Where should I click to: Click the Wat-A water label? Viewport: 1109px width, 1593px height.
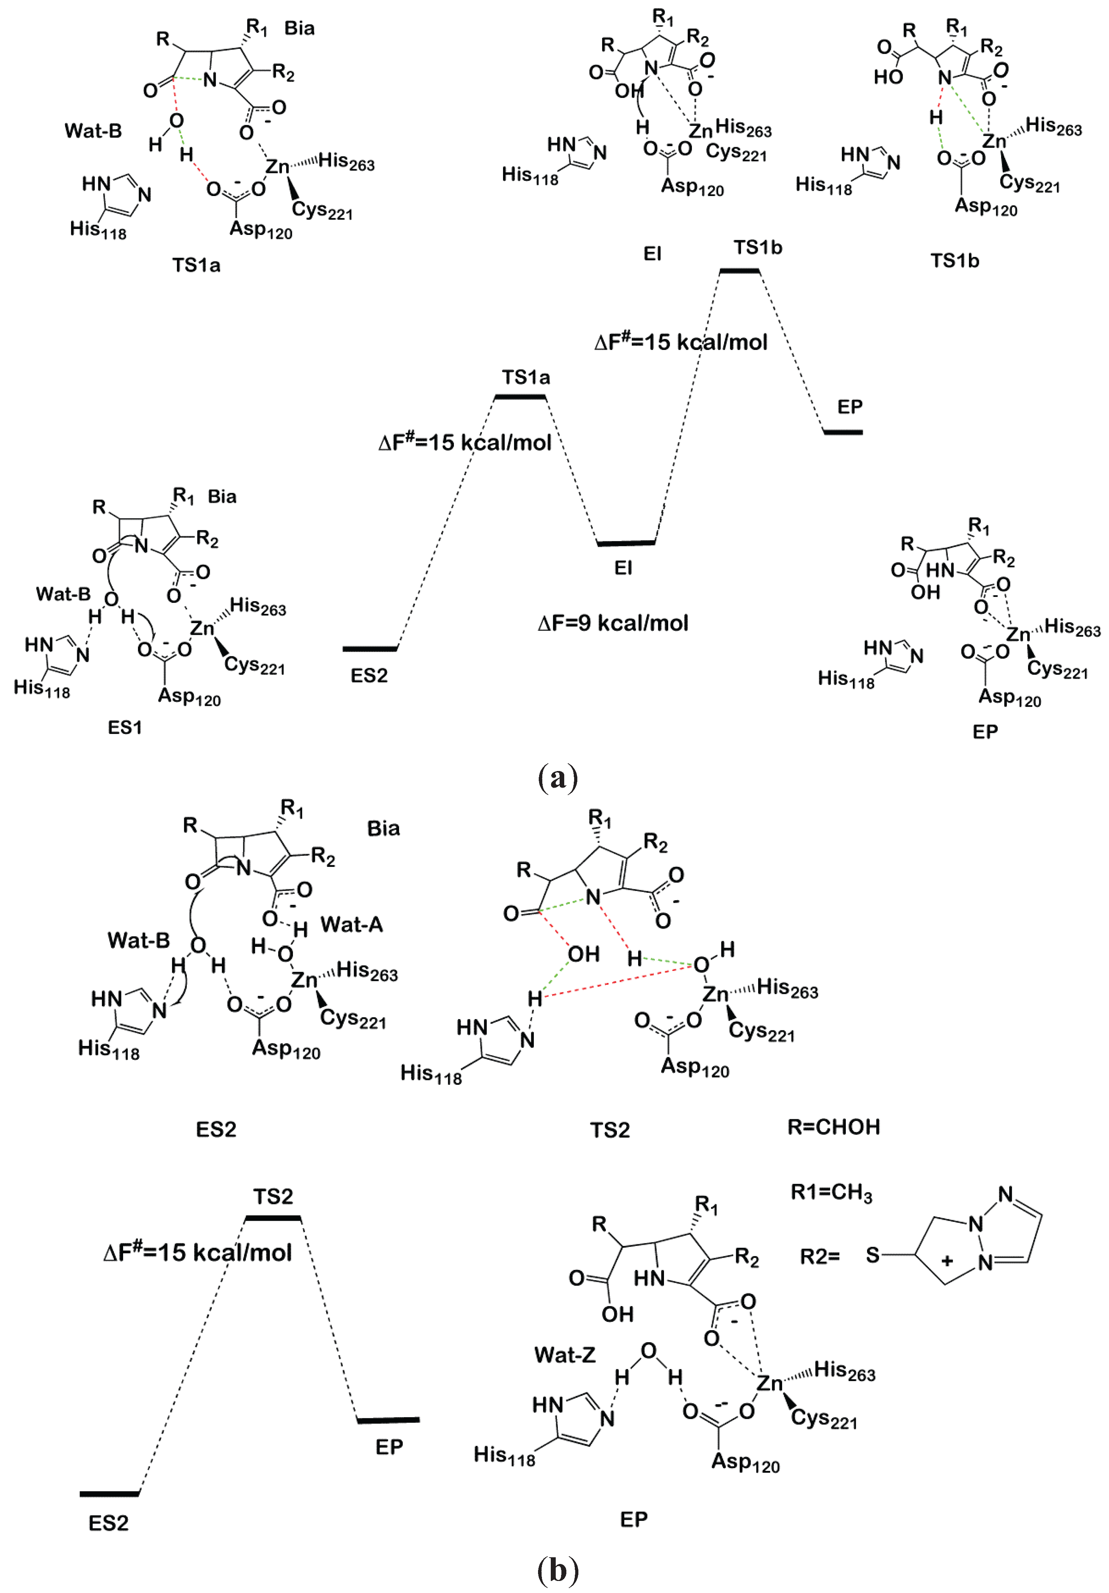coord(352,925)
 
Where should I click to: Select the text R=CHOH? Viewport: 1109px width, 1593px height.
coord(834,1127)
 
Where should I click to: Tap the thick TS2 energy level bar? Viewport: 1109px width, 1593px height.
coord(273,1218)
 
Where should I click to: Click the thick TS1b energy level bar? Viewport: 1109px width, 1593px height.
coord(739,271)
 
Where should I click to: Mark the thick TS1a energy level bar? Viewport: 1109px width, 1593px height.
coord(520,397)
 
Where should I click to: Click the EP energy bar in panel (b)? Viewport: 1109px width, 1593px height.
coord(388,1420)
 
